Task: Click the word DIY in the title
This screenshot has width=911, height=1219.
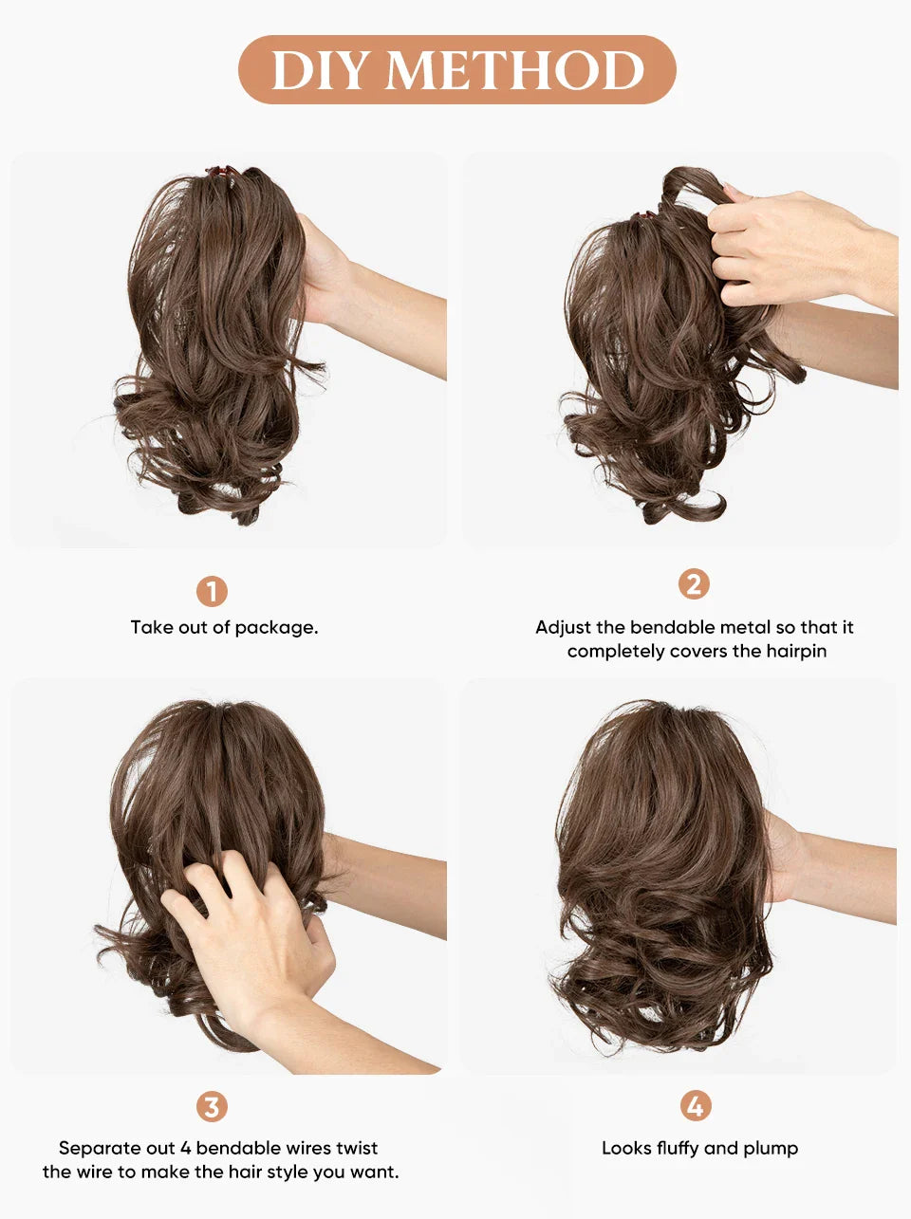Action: click(318, 70)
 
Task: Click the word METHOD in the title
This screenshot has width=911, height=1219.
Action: click(515, 70)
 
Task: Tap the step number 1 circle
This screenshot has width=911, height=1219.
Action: click(212, 591)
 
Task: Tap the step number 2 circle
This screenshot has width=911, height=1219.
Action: click(694, 584)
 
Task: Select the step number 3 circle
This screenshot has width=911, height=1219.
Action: click(212, 1107)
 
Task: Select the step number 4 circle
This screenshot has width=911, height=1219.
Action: click(696, 1106)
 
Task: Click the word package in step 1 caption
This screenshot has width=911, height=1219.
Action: click(276, 629)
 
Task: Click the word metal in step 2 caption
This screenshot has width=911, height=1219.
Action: click(742, 627)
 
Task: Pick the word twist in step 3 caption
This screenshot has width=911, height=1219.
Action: click(352, 1148)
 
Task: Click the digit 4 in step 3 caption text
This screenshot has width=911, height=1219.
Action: click(186, 1148)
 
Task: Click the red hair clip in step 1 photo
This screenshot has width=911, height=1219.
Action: click(220, 171)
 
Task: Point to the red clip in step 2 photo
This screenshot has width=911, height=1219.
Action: click(646, 215)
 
